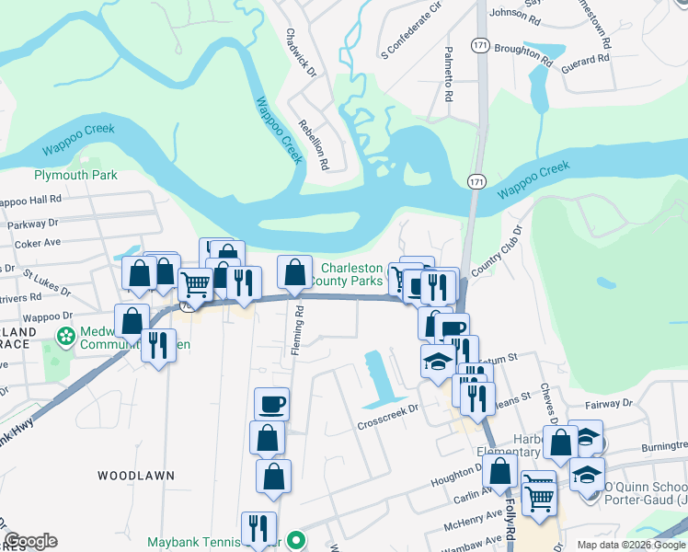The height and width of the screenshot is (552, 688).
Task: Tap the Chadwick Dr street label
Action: pos(301,52)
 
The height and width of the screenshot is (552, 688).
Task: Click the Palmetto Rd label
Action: pos(449,74)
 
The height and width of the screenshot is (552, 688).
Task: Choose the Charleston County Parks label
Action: pos(350,274)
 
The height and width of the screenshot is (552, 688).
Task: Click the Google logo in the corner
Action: pos(30,540)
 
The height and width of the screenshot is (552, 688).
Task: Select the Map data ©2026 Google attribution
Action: pos(631,545)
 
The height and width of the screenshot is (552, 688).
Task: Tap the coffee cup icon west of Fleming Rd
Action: pos(271,404)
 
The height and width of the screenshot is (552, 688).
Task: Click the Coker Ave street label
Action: pos(37,244)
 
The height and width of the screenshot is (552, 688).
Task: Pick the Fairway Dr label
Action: pos(609,403)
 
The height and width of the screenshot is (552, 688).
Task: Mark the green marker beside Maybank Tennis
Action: pos(295,540)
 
